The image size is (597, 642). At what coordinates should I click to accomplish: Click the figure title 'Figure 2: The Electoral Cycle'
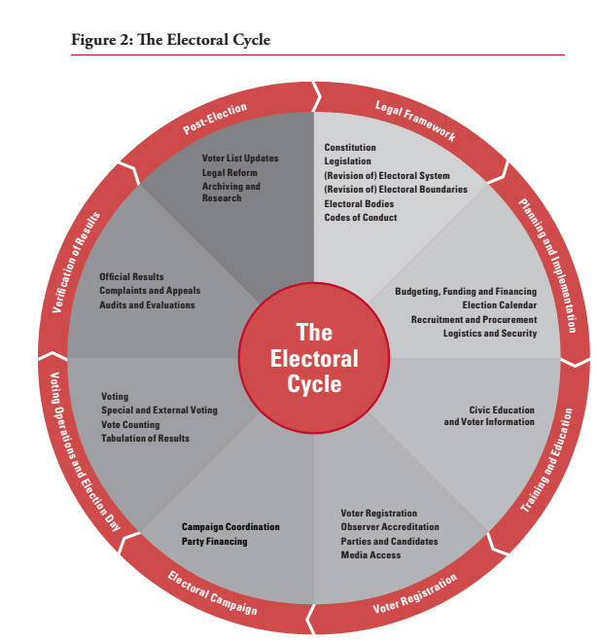pyautogui.click(x=170, y=40)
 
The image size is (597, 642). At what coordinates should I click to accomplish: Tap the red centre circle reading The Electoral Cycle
pyautogui.click(x=313, y=359)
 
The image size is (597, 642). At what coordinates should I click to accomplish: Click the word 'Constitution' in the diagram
pyautogui.click(x=350, y=148)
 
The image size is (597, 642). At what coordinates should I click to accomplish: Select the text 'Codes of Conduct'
pyautogui.click(x=361, y=218)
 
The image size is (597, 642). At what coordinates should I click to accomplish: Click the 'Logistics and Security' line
pyautogui.click(x=489, y=333)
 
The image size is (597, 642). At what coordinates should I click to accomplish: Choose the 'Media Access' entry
pyautogui.click(x=370, y=554)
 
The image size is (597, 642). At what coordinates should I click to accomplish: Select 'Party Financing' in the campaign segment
pyautogui.click(x=214, y=541)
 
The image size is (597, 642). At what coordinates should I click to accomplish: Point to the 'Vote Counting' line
pyautogui.click(x=130, y=424)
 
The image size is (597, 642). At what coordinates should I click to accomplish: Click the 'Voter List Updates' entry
pyautogui.click(x=240, y=158)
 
